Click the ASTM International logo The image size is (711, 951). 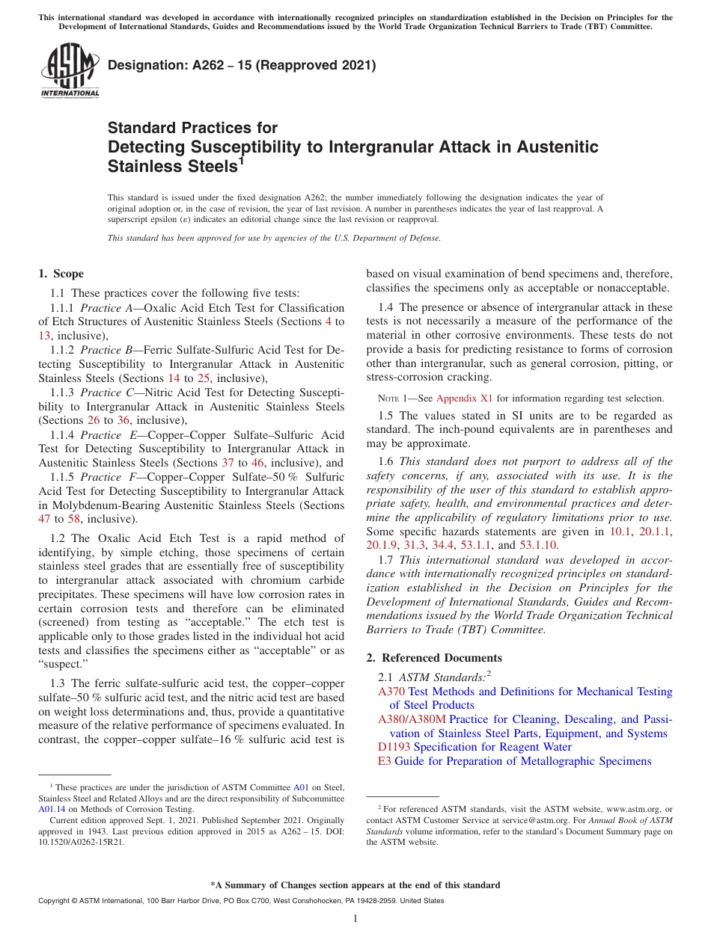click(69, 72)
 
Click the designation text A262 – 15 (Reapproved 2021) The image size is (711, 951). click(242, 66)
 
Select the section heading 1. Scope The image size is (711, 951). click(61, 274)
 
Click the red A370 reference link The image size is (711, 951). click(391, 692)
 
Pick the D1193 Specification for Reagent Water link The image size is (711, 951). click(474, 747)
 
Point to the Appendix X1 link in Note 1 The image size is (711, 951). click(464, 398)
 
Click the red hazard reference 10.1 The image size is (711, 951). click(620, 531)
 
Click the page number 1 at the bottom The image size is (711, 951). click(355, 919)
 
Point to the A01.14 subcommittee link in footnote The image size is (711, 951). click(52, 808)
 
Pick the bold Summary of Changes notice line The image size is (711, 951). click(355, 885)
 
